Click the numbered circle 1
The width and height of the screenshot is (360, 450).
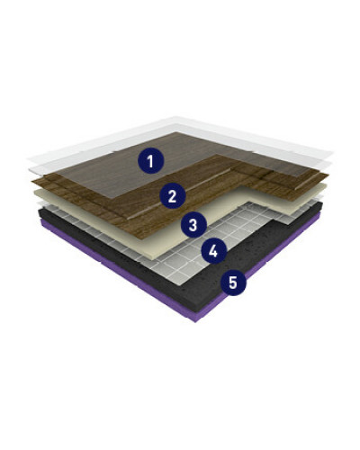150,161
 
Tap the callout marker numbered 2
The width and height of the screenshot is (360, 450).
172,196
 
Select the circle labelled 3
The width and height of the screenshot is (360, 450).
193,224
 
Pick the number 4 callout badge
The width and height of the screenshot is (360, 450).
213,250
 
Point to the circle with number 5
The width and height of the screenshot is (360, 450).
233,283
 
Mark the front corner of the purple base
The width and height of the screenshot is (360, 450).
195,322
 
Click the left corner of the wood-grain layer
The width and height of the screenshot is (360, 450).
32,181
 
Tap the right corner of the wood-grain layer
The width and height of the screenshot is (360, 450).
328,175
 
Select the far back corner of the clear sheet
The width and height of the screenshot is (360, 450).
174,117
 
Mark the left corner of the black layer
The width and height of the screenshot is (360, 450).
39,210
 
